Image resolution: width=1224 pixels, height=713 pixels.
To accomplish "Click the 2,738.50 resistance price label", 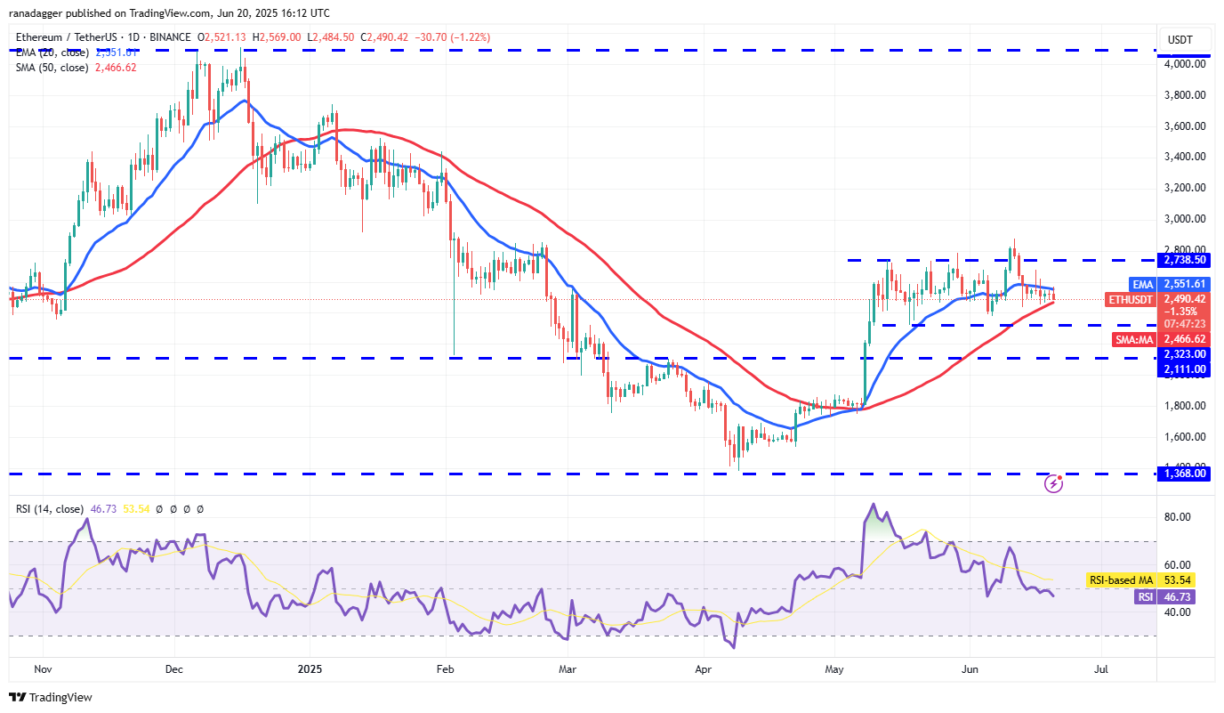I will tap(1183, 260).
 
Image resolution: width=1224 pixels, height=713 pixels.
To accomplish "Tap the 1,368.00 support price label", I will tap(1183, 474).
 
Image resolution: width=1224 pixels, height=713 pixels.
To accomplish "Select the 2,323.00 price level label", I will tap(1183, 353).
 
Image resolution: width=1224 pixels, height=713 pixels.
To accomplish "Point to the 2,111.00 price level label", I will tap(1183, 369).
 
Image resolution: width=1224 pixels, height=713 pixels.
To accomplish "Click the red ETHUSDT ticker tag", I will tap(1128, 299).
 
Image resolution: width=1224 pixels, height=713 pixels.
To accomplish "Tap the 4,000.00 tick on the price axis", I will tap(1184, 64).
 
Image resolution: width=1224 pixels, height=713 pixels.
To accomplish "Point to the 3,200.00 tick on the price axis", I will tap(1184, 188).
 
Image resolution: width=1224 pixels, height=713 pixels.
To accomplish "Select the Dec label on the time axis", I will tap(173, 668).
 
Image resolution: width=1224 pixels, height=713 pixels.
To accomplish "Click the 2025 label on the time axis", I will tap(309, 668).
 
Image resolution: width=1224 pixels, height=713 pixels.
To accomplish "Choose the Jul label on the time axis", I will tap(1101, 668).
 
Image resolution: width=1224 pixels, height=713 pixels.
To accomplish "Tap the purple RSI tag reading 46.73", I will tap(1145, 597).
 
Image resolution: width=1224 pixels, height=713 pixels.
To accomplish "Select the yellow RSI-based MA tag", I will tap(1120, 580).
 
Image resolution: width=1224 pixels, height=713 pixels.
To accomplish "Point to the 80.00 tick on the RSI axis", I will tap(1180, 517).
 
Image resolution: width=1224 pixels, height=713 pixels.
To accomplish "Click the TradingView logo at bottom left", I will tap(51, 697).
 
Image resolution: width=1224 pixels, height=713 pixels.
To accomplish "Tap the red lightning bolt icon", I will tap(1054, 483).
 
